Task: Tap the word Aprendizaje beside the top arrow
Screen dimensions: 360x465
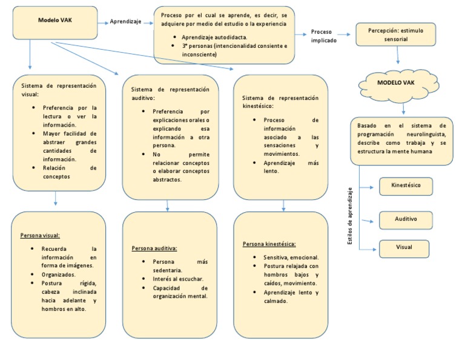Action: pos(125,22)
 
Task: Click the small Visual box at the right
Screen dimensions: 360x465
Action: pos(404,248)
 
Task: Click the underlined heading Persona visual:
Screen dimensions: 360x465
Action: pos(40,235)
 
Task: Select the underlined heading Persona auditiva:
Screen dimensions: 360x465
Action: pos(154,248)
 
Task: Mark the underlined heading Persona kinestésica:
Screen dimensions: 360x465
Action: pos(269,244)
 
